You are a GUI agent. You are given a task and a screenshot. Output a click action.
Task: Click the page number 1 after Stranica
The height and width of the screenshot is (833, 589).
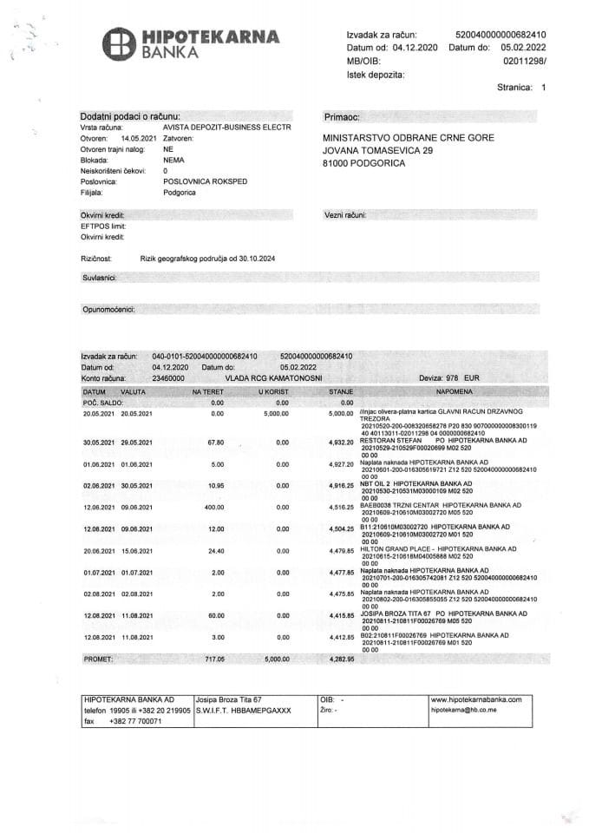click(543, 88)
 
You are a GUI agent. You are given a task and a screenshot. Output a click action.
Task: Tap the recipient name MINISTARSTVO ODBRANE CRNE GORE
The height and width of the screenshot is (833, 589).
click(407, 138)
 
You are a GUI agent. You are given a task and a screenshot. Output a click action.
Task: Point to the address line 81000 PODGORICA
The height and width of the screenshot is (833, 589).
click(363, 162)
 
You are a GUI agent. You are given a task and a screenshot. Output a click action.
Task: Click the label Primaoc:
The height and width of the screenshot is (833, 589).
click(341, 116)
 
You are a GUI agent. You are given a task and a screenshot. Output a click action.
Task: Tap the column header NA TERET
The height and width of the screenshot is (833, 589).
click(208, 392)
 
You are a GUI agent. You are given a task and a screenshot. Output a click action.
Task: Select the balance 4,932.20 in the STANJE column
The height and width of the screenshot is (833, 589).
click(337, 442)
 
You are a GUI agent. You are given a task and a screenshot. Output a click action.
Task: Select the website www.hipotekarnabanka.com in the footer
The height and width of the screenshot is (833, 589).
click(476, 699)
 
